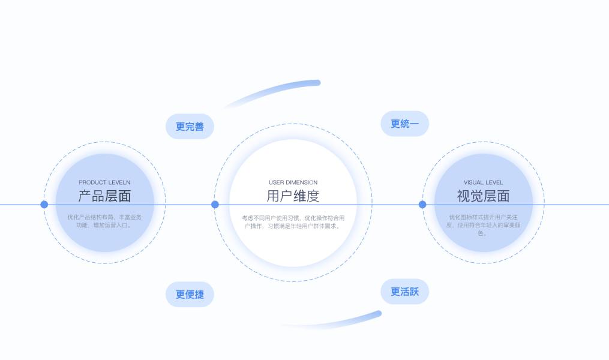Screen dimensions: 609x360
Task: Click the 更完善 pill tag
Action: (190, 127)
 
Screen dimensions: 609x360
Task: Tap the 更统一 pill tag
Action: (405, 124)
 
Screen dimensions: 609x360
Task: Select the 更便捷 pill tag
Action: (190, 295)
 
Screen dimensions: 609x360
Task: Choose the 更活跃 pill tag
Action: (405, 292)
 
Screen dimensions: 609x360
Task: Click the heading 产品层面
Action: (104, 196)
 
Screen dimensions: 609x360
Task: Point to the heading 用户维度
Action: (293, 196)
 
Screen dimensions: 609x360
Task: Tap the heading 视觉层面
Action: (483, 196)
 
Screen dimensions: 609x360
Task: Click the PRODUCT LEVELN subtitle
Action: (104, 182)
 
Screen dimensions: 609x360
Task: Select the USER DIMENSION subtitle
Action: (293, 182)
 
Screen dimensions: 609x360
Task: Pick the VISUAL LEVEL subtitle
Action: (483, 182)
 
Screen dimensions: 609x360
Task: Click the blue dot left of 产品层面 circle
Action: (44, 205)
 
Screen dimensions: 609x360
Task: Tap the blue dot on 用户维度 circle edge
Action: (215, 205)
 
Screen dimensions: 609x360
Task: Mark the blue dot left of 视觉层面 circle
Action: (422, 205)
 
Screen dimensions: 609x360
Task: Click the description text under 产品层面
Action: (104, 221)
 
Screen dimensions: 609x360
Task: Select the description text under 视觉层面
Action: (483, 225)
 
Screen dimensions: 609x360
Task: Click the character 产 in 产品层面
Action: (85, 196)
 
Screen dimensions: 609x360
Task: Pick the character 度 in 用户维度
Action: (313, 196)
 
